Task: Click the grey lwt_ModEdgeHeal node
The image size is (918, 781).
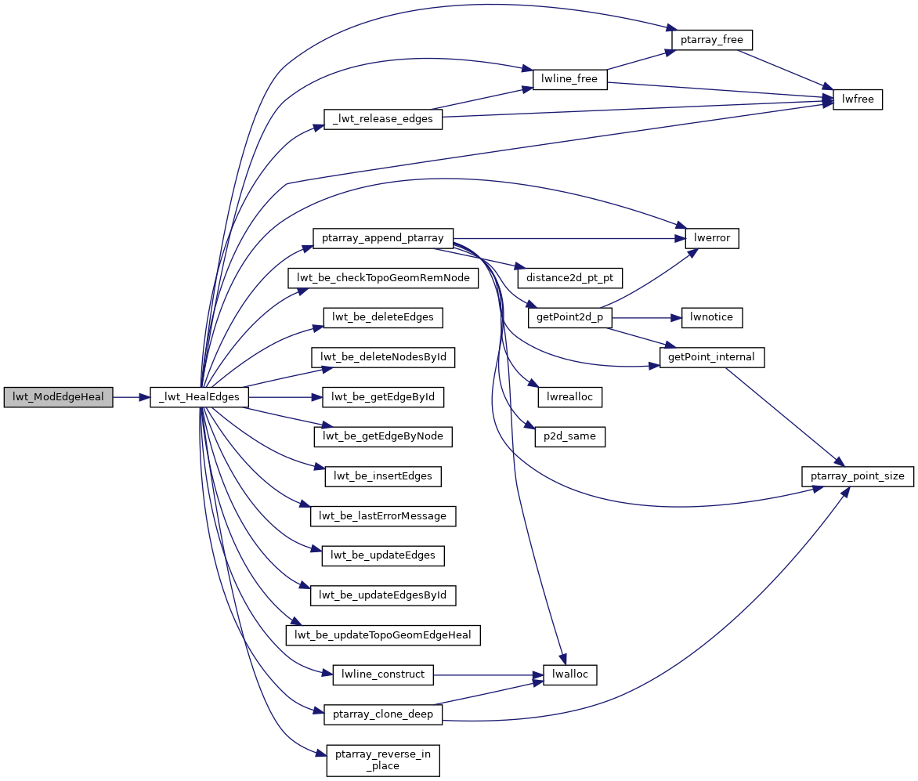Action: pyautogui.click(x=58, y=397)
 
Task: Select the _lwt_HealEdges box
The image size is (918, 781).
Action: pyautogui.click(x=200, y=397)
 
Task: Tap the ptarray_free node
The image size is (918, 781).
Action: pyautogui.click(x=711, y=39)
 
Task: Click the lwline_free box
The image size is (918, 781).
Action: pyautogui.click(x=569, y=79)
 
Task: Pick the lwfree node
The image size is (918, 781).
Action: pyautogui.click(x=858, y=99)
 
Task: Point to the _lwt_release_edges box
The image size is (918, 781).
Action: pyautogui.click(x=383, y=119)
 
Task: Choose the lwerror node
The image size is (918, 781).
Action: pyautogui.click(x=712, y=238)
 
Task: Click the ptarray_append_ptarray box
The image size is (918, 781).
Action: pyautogui.click(x=383, y=238)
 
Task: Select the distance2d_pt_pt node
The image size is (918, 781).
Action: pyautogui.click(x=575, y=278)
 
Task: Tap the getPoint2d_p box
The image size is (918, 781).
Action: pyautogui.click(x=569, y=318)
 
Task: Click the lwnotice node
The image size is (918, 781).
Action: pyautogui.click(x=711, y=318)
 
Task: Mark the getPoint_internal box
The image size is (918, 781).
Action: pyautogui.click(x=712, y=357)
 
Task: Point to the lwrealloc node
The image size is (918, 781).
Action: pyautogui.click(x=569, y=397)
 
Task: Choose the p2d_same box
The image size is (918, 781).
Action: pyautogui.click(x=569, y=437)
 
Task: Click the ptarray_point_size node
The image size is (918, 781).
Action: pyautogui.click(x=858, y=476)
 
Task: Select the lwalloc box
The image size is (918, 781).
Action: pyautogui.click(x=569, y=675)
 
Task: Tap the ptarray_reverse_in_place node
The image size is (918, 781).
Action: pyautogui.click(x=383, y=760)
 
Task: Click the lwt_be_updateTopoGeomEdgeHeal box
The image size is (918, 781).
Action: pyautogui.click(x=383, y=635)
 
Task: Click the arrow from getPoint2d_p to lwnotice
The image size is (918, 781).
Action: pyautogui.click(x=647, y=318)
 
